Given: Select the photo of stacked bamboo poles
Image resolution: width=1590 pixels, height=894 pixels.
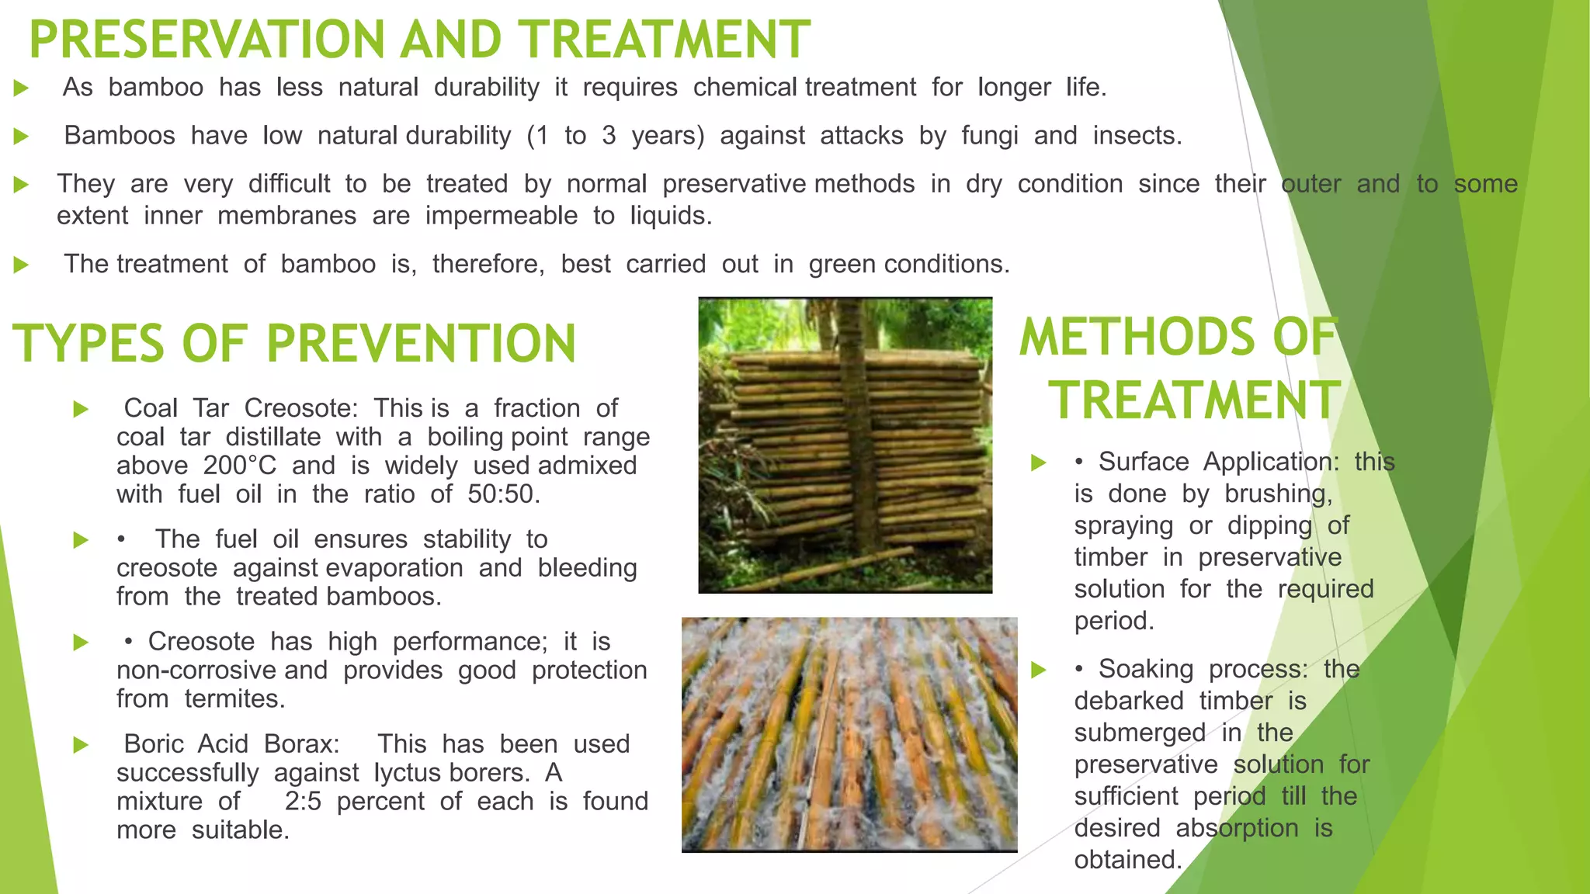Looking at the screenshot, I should coord(845,445).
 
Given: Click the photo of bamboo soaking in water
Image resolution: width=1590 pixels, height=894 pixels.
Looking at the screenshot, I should coord(849,734).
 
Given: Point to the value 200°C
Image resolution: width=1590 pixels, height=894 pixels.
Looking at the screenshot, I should coord(239,466).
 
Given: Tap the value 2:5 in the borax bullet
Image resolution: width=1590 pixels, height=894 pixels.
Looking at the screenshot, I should coord(303,802).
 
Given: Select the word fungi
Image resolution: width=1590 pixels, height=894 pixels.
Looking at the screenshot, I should coord(989,136).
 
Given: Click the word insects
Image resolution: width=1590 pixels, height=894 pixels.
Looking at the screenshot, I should coord(1137,136).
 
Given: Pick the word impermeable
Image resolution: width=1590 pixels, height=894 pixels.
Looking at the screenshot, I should coord(501,216).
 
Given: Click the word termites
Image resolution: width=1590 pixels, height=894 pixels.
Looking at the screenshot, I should coord(234,699).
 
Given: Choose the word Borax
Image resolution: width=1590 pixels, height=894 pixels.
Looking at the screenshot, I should coord(301,744).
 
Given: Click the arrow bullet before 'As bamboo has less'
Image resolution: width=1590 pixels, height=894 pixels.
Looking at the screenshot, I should coord(22,88).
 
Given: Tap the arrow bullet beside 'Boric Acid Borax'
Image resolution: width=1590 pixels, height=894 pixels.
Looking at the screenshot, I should coord(81,746).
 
